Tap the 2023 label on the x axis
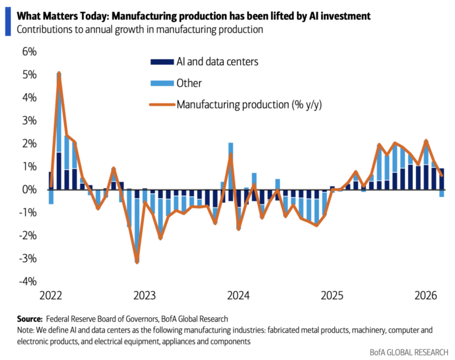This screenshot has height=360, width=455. (144, 295)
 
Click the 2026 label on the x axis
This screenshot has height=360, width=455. (426, 295)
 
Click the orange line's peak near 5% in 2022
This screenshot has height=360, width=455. (59, 74)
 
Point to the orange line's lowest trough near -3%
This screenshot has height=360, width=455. (137, 262)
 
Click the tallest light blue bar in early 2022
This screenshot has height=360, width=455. (59, 113)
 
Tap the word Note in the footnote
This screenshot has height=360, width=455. (27, 330)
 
